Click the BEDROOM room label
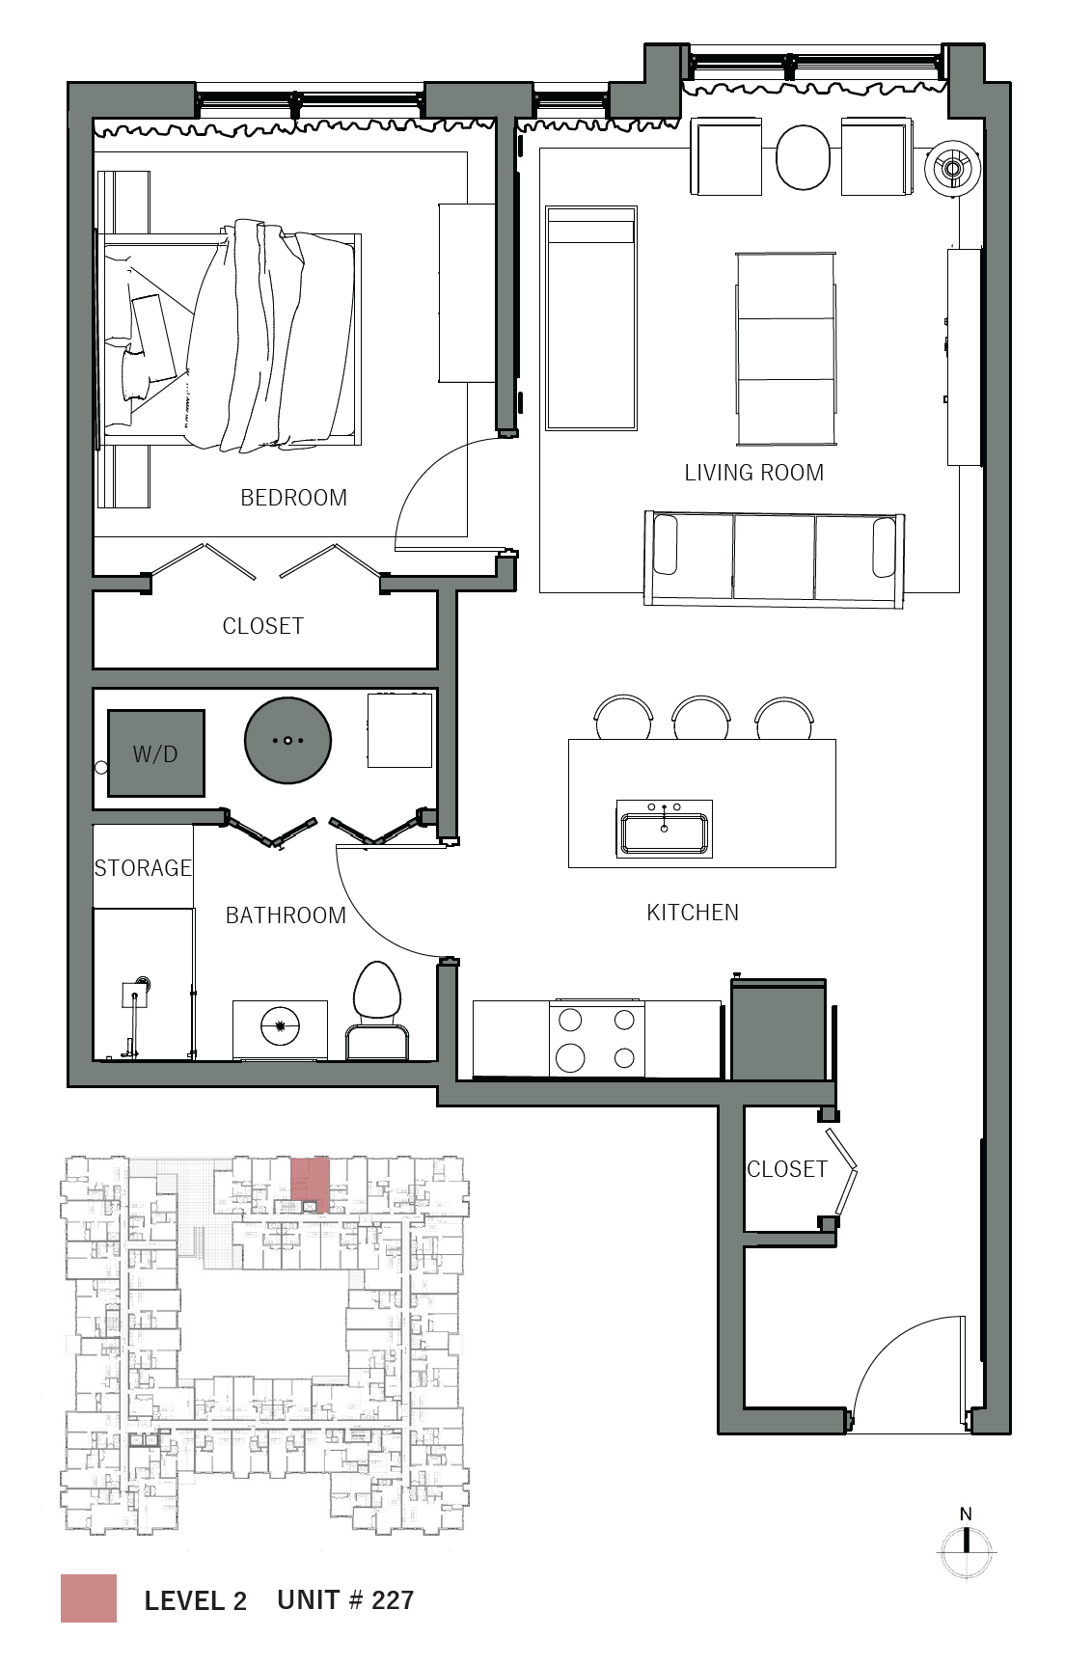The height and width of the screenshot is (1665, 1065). click(293, 498)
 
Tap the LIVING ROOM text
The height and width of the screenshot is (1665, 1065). click(754, 473)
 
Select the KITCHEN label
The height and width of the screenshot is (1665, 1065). click(693, 913)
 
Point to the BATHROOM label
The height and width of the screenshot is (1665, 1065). click(286, 915)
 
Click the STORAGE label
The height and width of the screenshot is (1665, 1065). click(143, 868)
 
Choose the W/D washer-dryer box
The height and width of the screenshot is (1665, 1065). click(156, 753)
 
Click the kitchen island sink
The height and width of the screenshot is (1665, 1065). click(665, 829)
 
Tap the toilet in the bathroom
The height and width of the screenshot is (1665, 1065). click(376, 1009)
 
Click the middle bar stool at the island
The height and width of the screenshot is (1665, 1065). click(701, 717)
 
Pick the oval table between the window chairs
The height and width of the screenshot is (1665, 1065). click(803, 158)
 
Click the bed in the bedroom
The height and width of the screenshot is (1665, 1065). click(229, 340)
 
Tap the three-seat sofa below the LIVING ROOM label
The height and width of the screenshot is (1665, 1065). click(774, 559)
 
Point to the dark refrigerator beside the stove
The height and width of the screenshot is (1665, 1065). click(778, 1029)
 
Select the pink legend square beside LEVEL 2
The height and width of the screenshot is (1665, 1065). click(89, 1598)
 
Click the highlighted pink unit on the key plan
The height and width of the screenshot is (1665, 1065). click(311, 1185)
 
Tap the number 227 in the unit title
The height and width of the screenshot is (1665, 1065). click(393, 1600)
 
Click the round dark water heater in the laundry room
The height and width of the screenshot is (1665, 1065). click(288, 741)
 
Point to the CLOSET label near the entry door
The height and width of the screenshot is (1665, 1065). click(787, 1169)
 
